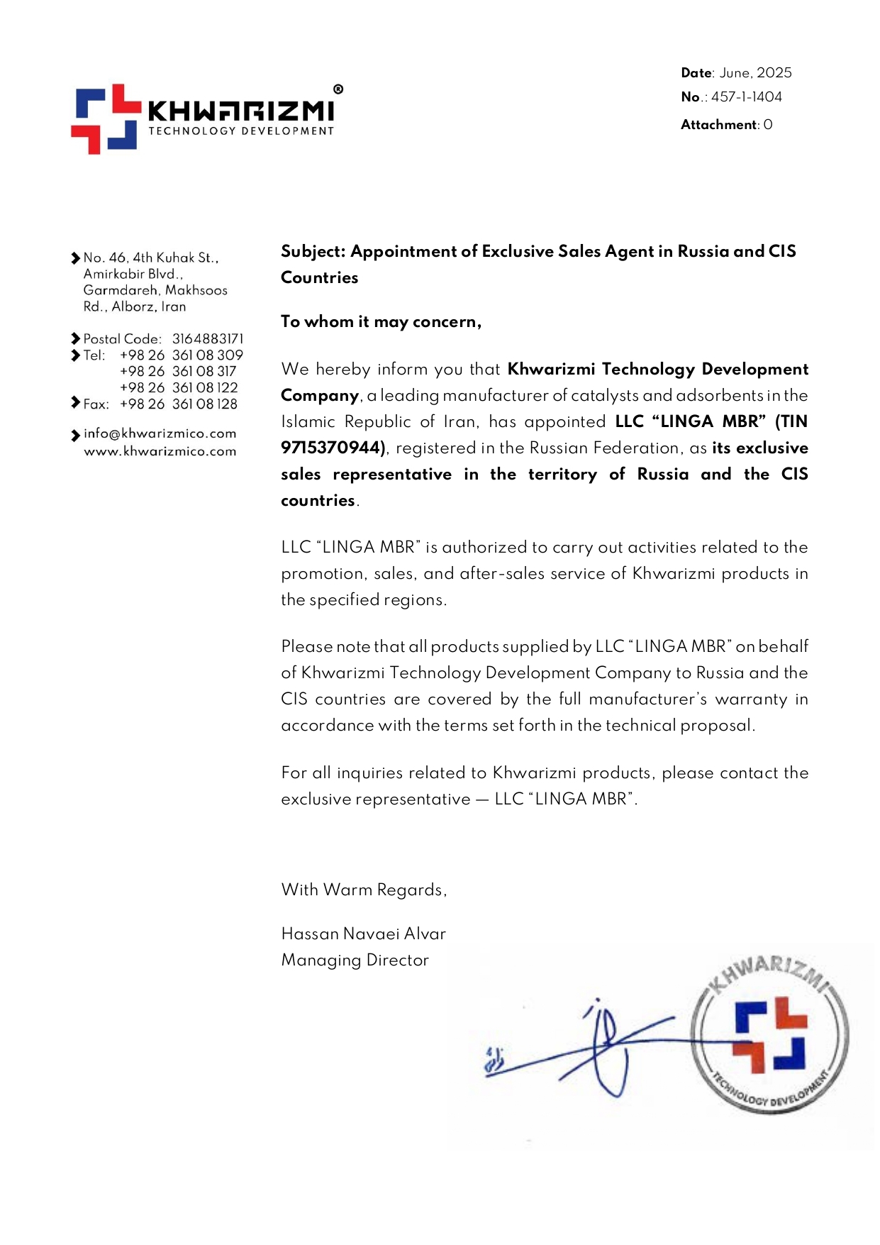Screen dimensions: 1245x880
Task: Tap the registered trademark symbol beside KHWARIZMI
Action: (338, 89)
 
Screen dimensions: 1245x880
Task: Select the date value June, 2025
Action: (755, 73)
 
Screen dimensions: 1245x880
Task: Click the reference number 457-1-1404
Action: (746, 97)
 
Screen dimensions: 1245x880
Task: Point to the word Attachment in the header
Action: (719, 125)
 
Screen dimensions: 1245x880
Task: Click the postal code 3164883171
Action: (207, 339)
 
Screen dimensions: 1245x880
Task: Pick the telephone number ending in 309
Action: (181, 355)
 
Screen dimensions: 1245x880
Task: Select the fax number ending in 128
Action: (178, 404)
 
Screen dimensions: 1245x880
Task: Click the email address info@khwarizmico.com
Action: (160, 433)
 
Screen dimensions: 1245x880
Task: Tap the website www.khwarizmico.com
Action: (160, 451)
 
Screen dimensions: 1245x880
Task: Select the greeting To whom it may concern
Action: (381, 322)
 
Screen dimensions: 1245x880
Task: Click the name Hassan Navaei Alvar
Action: (363, 934)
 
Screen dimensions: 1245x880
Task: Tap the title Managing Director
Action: (355, 961)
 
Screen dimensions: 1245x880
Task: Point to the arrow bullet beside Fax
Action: (75, 403)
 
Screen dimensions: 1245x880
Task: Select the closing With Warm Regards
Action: (364, 890)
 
